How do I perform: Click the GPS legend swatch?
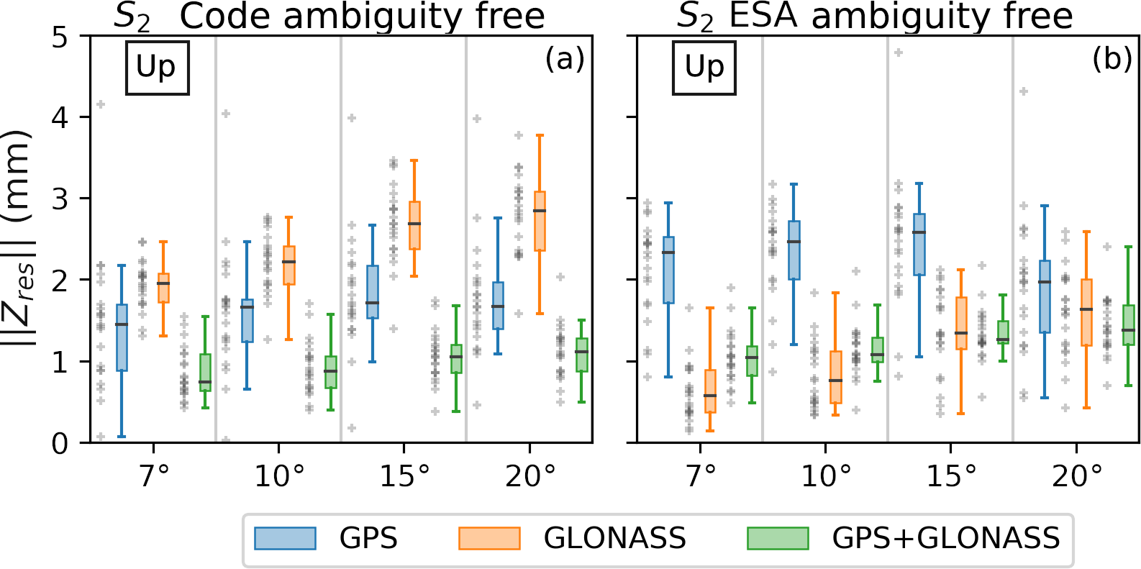click(x=285, y=538)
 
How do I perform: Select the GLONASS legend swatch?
click(x=489, y=538)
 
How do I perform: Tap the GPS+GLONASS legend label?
click(x=945, y=538)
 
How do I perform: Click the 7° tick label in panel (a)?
click(x=154, y=475)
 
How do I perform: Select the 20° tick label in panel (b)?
click(x=1076, y=475)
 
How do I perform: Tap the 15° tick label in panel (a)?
click(x=404, y=475)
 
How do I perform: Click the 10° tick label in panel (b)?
click(x=825, y=475)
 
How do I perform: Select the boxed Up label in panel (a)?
click(x=157, y=68)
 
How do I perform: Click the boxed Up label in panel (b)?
click(x=704, y=68)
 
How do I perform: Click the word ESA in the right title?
click(x=764, y=17)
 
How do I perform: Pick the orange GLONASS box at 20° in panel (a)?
click(x=540, y=221)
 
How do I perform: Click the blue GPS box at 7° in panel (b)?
click(x=668, y=270)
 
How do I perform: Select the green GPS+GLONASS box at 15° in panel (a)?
click(x=456, y=358)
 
